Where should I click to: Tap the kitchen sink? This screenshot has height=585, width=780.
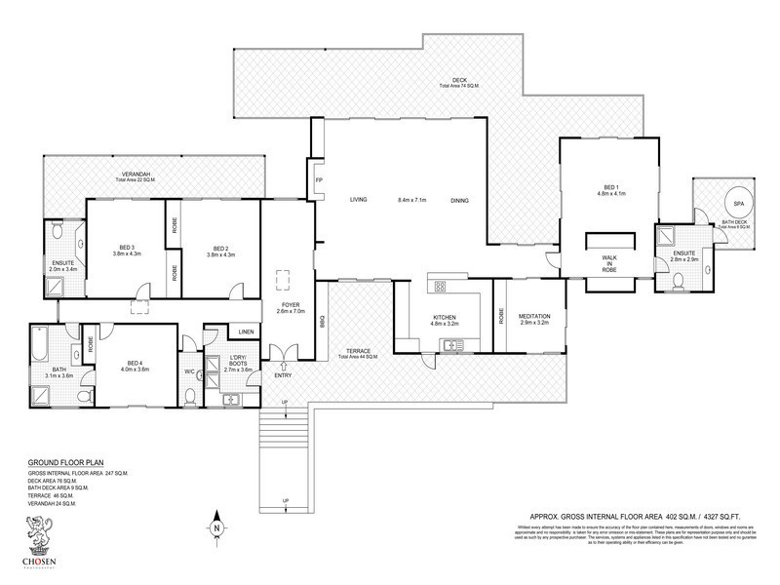click(451, 344)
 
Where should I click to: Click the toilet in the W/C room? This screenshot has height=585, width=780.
click(190, 394)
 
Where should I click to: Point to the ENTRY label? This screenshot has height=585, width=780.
click(283, 375)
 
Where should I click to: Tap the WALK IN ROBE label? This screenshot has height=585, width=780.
click(607, 262)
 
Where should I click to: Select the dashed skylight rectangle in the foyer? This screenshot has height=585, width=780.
click(284, 281)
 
